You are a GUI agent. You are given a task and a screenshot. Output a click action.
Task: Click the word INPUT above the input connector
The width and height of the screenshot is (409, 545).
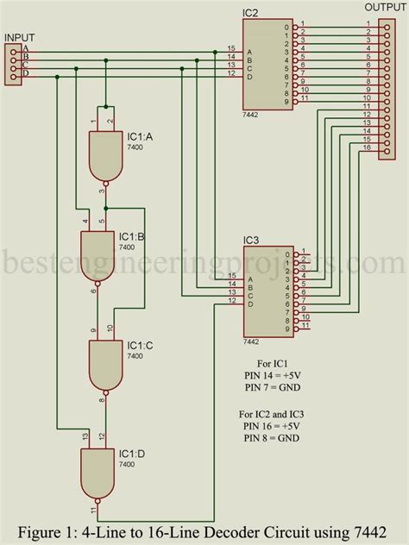tap(21, 37)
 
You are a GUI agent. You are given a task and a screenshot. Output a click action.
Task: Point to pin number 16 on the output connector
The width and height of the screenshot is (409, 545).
tap(367, 147)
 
